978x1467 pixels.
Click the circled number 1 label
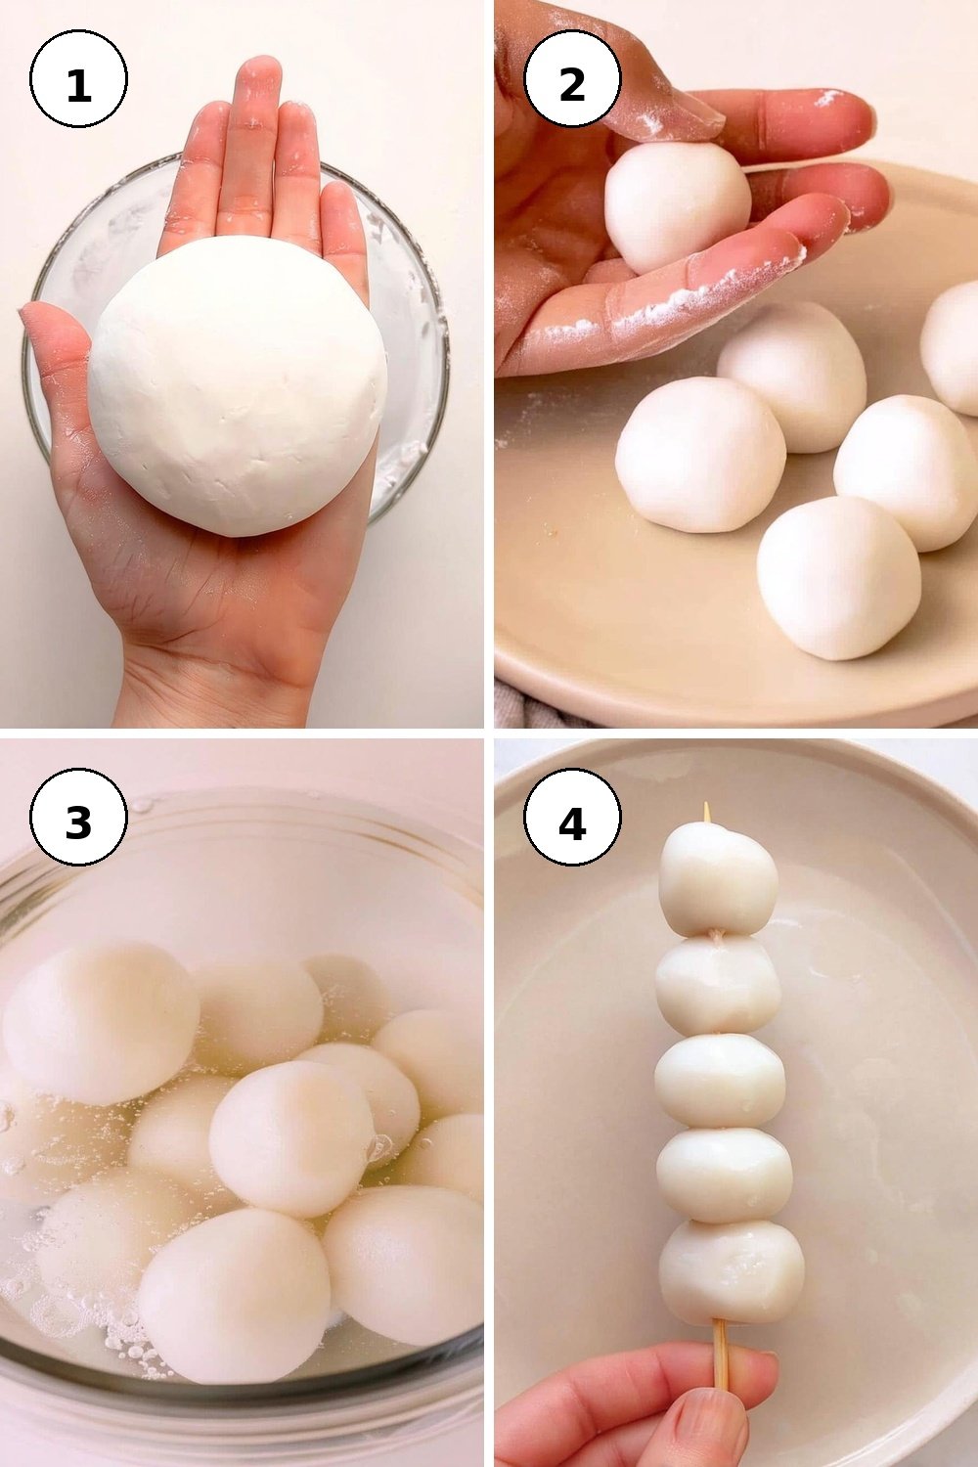78,78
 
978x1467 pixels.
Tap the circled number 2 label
572,78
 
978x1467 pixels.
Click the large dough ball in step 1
238,386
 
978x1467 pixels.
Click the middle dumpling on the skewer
720,1081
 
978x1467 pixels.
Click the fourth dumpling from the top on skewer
724,1175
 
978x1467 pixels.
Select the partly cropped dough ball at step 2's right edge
950,347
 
